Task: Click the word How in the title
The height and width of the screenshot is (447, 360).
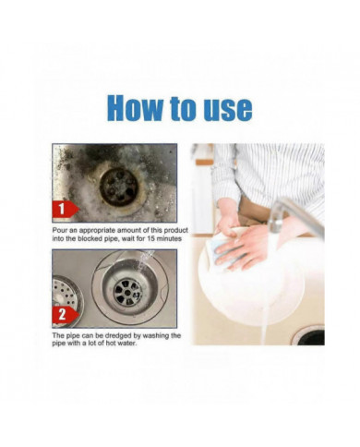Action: [x=135, y=108]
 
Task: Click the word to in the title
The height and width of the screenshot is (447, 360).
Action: [x=181, y=108]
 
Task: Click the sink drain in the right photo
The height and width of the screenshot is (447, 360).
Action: [x=310, y=335]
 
